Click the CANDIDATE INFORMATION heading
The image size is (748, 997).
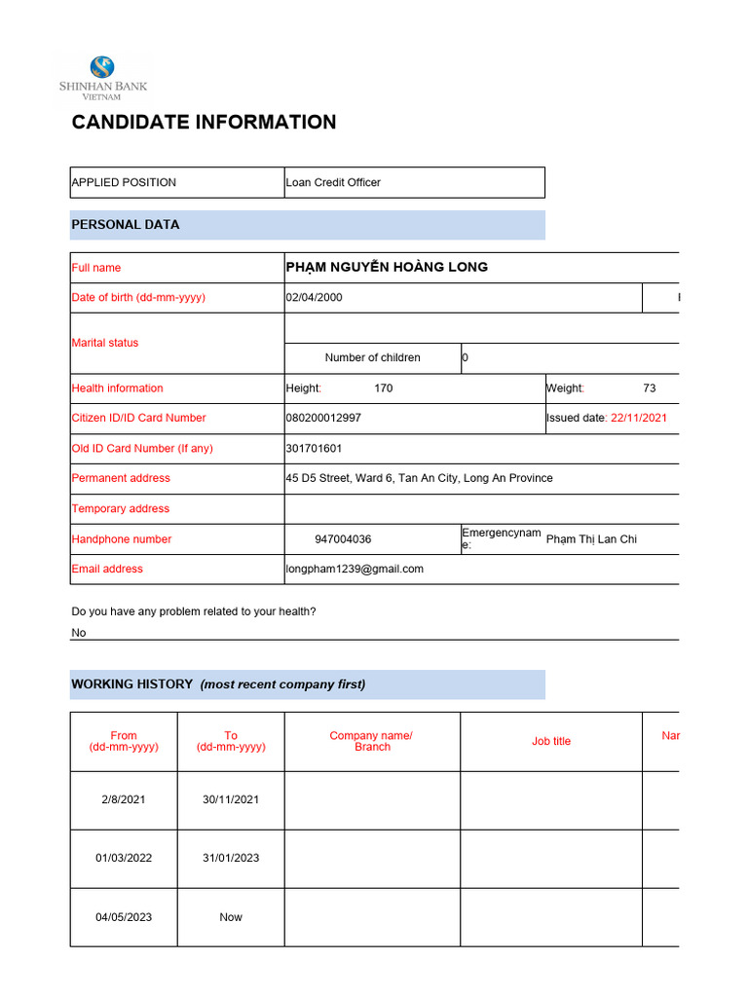[x=204, y=122]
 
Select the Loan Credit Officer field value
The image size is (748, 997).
[x=333, y=182]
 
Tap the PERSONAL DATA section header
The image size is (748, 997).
[x=126, y=224]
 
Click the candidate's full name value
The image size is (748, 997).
[x=387, y=267]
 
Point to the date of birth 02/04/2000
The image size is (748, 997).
[x=314, y=297]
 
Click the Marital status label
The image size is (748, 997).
[x=105, y=343]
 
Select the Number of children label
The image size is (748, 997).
[x=372, y=357]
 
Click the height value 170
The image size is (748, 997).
[x=384, y=388]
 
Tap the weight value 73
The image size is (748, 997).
[x=650, y=388]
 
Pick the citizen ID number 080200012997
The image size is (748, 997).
[x=323, y=418]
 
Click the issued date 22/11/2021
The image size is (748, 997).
[x=638, y=418]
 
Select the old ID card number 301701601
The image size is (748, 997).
[x=314, y=448]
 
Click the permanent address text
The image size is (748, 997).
[x=419, y=478]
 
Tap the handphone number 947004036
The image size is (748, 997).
[x=343, y=538]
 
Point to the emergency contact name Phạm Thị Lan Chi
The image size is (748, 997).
[x=591, y=538]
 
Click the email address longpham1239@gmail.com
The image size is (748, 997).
[x=355, y=569]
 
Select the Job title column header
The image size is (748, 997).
[x=551, y=741]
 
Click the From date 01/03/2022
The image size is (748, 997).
[x=124, y=858]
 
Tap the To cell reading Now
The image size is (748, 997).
[x=231, y=917]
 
